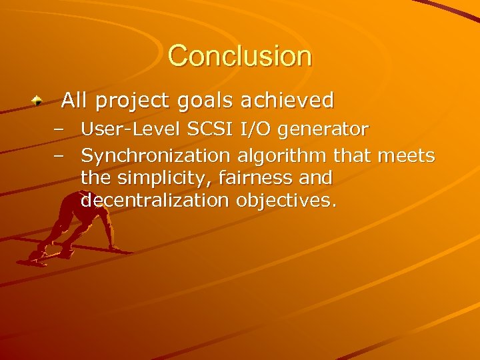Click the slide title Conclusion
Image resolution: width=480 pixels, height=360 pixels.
point(239,55)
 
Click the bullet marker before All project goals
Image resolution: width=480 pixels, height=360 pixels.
point(39,101)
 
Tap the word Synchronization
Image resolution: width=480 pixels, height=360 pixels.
point(155,157)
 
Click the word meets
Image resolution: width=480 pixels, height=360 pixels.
point(406,156)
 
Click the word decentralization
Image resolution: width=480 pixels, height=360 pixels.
point(155,201)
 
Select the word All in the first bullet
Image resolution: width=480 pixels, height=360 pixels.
point(75,101)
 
